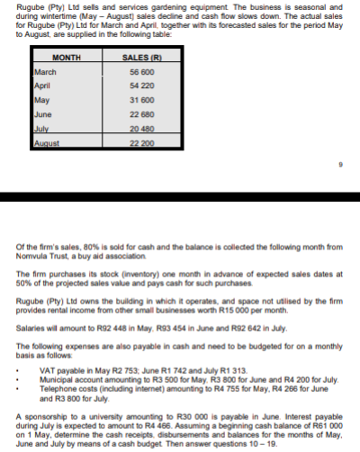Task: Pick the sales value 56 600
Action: [x=143, y=71]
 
